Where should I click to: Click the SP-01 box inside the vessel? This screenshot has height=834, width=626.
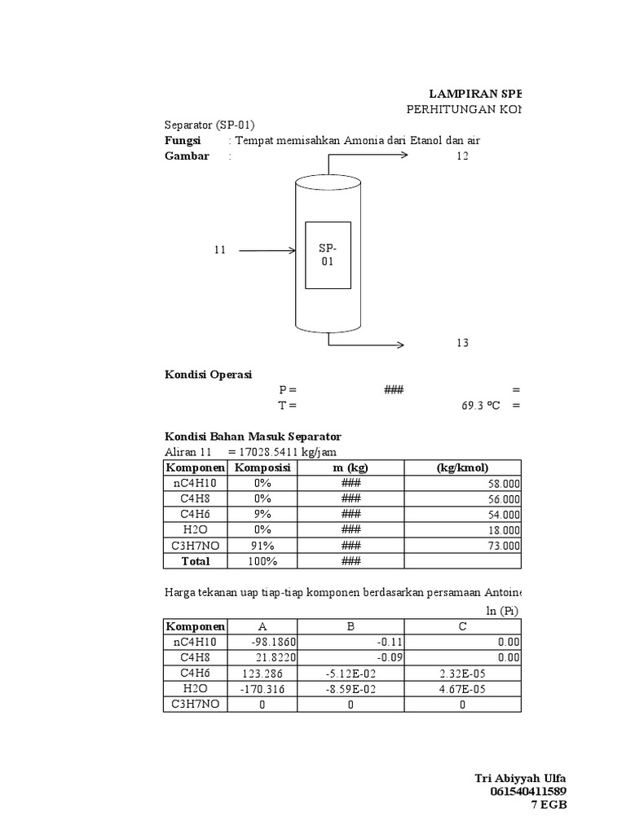click(328, 255)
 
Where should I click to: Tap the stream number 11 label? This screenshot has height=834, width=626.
click(219, 250)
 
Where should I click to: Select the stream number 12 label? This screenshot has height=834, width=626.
click(462, 156)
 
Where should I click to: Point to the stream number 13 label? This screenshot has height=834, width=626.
click(462, 343)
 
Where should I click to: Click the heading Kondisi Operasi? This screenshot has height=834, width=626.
click(208, 375)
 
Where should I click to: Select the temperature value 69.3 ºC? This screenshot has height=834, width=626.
click(479, 404)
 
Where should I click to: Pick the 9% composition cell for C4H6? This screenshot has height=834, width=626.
click(262, 514)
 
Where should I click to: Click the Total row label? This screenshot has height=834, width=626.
click(196, 561)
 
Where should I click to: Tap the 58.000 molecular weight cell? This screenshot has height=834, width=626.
click(505, 483)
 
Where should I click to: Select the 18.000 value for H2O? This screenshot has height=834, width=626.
click(505, 530)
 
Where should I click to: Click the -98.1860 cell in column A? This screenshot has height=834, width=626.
click(262, 642)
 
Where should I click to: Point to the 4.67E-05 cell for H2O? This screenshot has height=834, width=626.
click(462, 688)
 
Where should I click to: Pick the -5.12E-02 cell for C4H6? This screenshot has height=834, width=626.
click(351, 673)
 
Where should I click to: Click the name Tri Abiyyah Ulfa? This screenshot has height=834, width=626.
click(520, 778)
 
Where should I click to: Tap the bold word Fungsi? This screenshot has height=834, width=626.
click(183, 140)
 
